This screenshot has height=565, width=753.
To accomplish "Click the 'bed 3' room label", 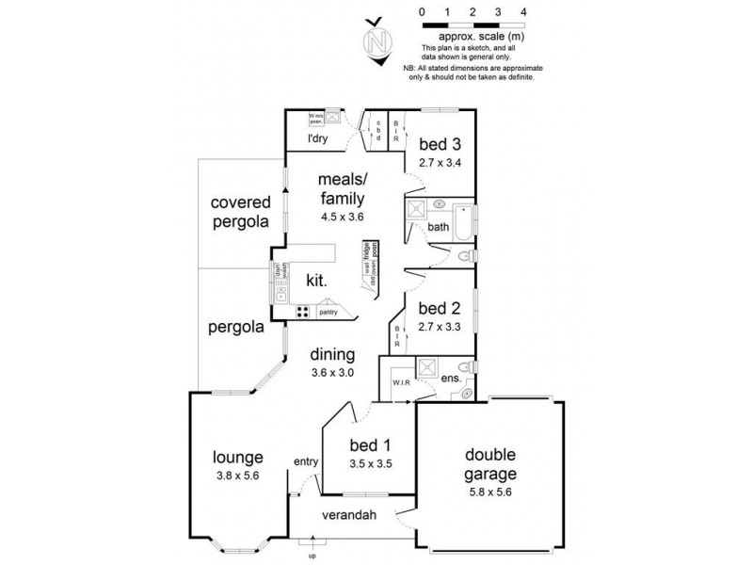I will tap(438, 145).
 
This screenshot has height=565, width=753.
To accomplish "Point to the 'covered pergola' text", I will tap(240, 212).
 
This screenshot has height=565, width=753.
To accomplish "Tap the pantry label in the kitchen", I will tap(327, 310).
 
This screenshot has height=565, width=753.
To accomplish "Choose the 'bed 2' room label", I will tap(438, 309).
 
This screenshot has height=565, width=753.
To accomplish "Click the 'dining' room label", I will tap(333, 355).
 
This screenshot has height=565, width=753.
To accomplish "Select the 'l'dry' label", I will tap(318, 139).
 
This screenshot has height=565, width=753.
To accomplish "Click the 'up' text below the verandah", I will tap(312, 555).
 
